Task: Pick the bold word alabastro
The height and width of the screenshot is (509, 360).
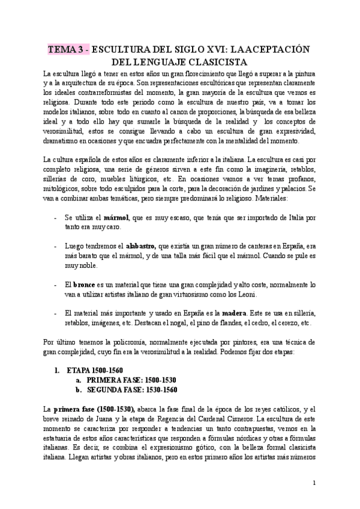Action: (x=140, y=246)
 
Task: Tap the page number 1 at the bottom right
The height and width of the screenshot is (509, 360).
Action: (x=314, y=482)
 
